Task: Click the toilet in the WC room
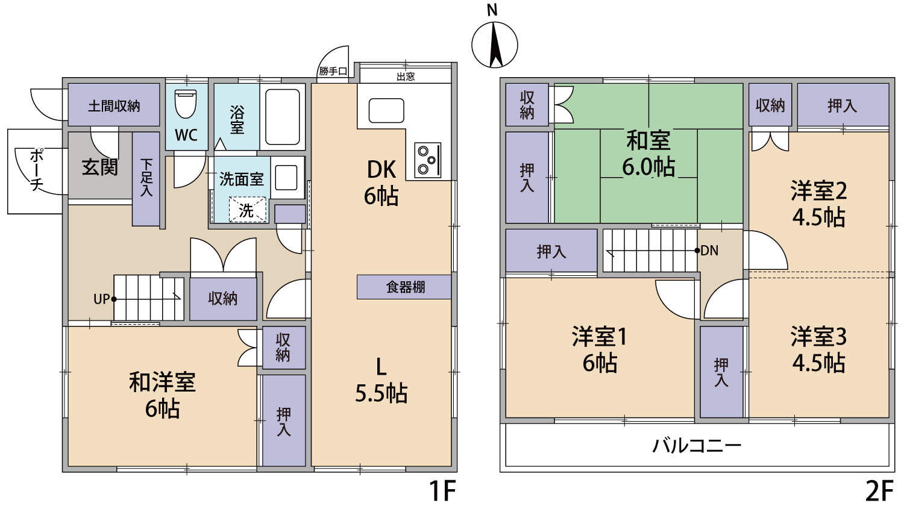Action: pyautogui.click(x=186, y=104)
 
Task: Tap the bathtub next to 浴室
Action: pyautogui.click(x=283, y=117)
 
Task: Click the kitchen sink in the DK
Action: pyautogui.click(x=386, y=111)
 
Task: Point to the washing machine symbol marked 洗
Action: pyautogui.click(x=248, y=210)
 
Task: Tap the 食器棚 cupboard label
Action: pyautogui.click(x=405, y=287)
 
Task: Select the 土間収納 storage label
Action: pyautogui.click(x=114, y=106)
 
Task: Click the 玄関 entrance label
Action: pyautogui.click(x=99, y=167)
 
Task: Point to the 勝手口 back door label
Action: pyautogui.click(x=333, y=72)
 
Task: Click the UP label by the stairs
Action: pyautogui.click(x=101, y=299)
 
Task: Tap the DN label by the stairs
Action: pyautogui.click(x=709, y=251)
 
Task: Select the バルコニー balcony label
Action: pyautogui.click(x=697, y=446)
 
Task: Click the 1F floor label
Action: pyautogui.click(x=442, y=491)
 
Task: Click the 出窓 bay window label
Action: pyautogui.click(x=406, y=77)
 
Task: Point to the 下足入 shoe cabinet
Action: pyautogui.click(x=146, y=179)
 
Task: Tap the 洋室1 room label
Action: pyautogui.click(x=599, y=337)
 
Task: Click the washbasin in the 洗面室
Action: pyautogui.click(x=286, y=178)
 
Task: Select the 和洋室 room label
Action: pyautogui.click(x=162, y=382)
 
